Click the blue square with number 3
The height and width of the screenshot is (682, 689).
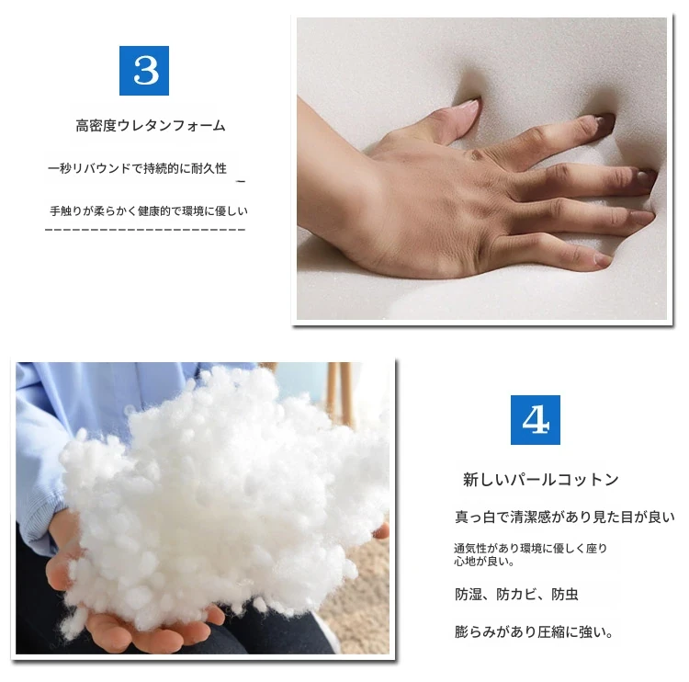[x=144, y=71]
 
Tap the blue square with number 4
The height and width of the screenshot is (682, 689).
[x=536, y=420]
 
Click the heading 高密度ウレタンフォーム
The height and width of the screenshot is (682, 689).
[x=151, y=126]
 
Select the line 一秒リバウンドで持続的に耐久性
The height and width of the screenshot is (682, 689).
[x=137, y=168]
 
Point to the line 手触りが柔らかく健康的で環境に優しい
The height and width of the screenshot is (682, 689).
[x=149, y=211]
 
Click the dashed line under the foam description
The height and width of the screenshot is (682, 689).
[x=145, y=230]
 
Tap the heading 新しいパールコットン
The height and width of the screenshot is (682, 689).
[x=541, y=479]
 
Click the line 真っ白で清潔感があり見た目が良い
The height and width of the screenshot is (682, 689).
[x=565, y=517]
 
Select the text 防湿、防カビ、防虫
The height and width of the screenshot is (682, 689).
[x=516, y=595]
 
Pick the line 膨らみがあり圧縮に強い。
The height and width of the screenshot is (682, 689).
[x=534, y=632]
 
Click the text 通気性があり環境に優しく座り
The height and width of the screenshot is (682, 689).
[x=530, y=549]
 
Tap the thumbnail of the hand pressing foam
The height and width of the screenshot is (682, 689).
[x=482, y=169]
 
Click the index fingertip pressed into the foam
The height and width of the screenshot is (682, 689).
[x=604, y=119]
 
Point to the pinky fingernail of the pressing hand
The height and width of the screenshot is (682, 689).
[x=602, y=258]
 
